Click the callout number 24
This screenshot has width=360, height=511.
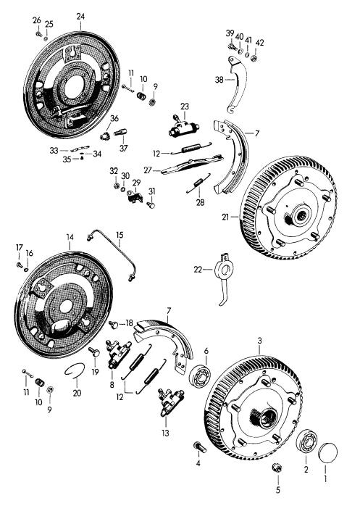coord(80,16)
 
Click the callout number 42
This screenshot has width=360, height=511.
coord(259,43)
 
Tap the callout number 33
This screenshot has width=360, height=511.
coord(54,150)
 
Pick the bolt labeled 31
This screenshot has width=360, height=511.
coord(151,205)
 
